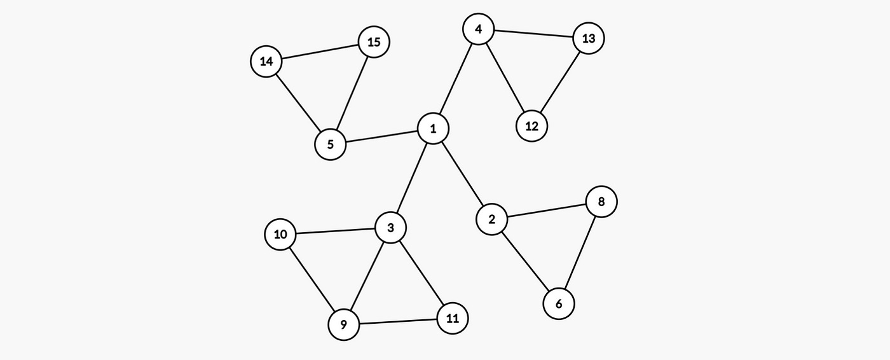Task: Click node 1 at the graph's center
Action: tap(433, 129)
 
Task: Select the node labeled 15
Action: tap(374, 42)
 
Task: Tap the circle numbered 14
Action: tap(266, 62)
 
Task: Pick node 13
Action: tap(588, 39)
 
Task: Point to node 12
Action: tap(531, 126)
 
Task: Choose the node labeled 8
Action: tap(601, 202)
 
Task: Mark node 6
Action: tap(559, 304)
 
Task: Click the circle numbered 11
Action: tap(452, 318)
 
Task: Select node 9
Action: tap(343, 325)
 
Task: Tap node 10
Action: tap(280, 235)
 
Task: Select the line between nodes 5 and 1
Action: tap(381, 137)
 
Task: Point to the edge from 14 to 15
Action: tap(320, 52)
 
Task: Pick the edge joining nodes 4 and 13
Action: tap(533, 34)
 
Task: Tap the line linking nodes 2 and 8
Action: tap(546, 211)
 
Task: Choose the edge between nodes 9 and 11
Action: tap(397, 322)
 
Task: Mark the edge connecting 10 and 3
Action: tap(336, 232)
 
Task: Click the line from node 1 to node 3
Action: tap(412, 178)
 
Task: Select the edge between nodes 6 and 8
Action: tap(580, 253)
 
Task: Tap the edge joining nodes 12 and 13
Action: tap(559, 83)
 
